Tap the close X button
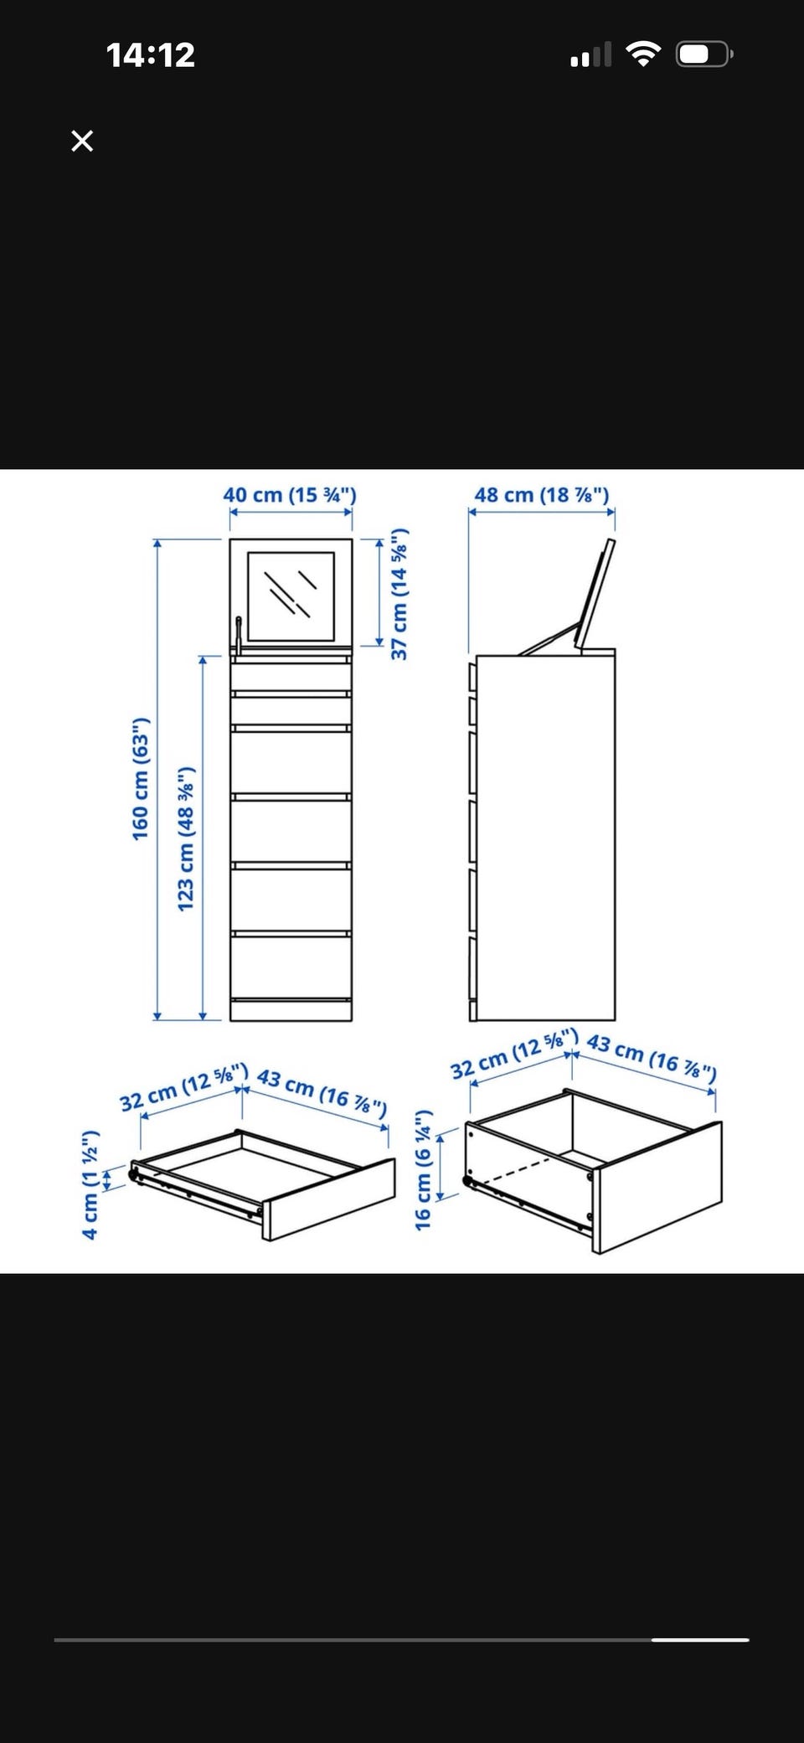(82, 141)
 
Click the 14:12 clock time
(151, 55)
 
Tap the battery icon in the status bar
(705, 55)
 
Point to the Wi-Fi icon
(643, 55)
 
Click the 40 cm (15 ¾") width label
(290, 495)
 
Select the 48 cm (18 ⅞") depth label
(542, 495)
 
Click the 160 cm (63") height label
(141, 779)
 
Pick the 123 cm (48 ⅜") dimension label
(186, 838)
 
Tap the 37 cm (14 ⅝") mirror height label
(399, 594)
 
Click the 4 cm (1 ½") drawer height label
(90, 1185)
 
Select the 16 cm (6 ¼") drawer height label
(424, 1170)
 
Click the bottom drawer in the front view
(291, 967)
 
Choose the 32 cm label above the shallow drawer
(183, 1087)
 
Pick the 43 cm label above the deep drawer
(652, 1057)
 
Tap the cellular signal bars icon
(590, 55)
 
